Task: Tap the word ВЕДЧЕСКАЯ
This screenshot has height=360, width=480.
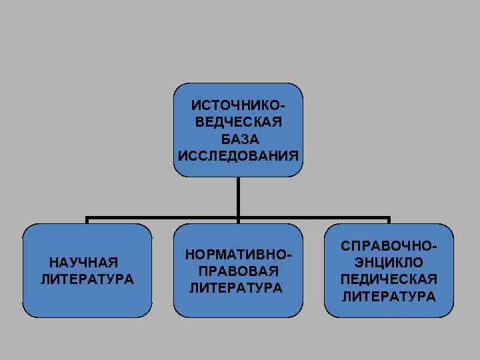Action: click(238, 123)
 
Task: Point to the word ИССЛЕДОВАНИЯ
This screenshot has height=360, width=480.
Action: click(238, 155)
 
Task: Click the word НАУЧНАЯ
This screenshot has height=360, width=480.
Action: click(83, 262)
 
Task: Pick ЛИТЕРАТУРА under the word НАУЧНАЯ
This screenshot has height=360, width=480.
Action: click(87, 278)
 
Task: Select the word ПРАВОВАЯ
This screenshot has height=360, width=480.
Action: click(238, 272)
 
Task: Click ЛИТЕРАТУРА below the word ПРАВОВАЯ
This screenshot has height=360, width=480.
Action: click(236, 288)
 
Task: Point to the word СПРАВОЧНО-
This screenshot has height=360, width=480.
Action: click(389, 247)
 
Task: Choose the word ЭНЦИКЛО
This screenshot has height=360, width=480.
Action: click(389, 263)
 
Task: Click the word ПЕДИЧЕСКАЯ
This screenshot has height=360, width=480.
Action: click(389, 279)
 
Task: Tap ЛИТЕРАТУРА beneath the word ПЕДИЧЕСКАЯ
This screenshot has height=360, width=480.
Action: click(389, 295)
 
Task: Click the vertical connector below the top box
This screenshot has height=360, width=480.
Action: click(238, 197)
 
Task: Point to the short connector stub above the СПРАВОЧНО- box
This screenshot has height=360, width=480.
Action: click(389, 221)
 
